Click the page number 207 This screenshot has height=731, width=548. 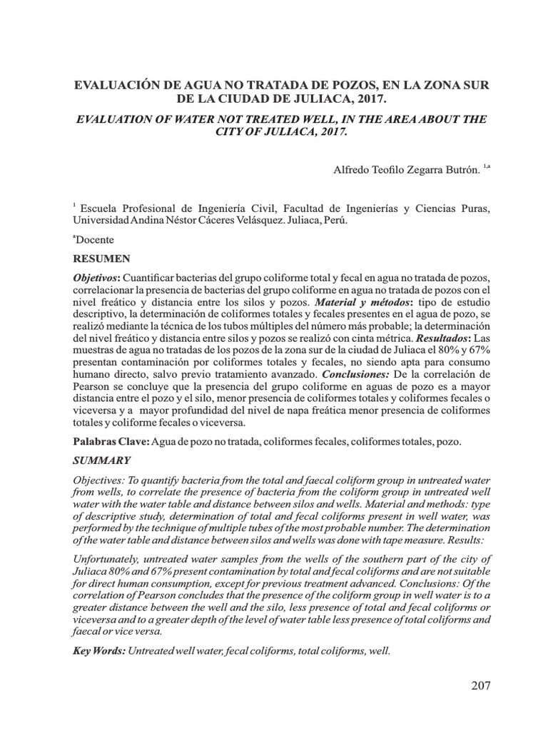point(481,686)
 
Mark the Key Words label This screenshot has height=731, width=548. point(100,652)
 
